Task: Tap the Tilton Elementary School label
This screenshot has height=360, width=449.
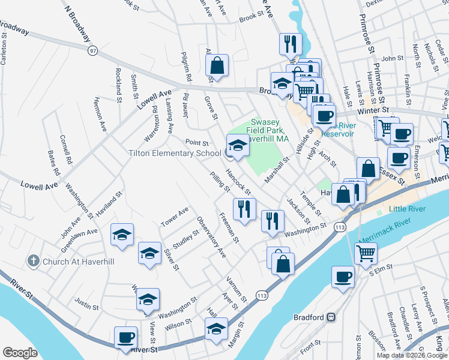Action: tap(175, 154)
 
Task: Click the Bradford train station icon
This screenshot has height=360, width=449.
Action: tap(331, 317)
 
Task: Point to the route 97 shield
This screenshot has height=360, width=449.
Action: tap(92, 52)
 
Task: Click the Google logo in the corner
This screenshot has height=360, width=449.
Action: tap(20, 352)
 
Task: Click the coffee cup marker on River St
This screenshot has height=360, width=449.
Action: tap(126, 338)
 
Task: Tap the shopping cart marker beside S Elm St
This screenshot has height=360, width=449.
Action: tap(366, 253)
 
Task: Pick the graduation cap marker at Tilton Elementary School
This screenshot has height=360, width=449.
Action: tap(237, 146)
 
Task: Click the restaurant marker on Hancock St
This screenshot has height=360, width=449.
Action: tap(244, 209)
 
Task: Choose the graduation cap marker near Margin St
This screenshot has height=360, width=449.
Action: tap(216, 329)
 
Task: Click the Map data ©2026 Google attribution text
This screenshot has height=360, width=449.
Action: tap(412, 355)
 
